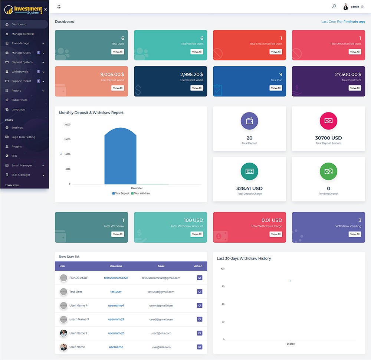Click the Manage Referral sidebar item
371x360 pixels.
[x=23, y=34]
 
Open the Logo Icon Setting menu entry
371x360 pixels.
[x=23, y=137]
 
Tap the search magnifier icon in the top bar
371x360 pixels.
[x=334, y=6]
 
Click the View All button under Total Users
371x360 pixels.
[x=118, y=52]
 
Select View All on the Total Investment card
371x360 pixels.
[x=355, y=88]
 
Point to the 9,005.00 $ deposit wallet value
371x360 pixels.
[x=112, y=75]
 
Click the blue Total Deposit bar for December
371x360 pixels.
[x=120, y=156]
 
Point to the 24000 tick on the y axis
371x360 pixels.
[x=67, y=140]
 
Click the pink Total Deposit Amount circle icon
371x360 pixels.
[x=328, y=121]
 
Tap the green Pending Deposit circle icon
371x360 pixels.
[x=328, y=171]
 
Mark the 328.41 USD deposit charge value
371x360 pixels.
[x=249, y=189]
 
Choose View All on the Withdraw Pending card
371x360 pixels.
[x=355, y=234]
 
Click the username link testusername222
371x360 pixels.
[x=116, y=278]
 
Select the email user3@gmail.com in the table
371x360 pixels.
[x=161, y=319]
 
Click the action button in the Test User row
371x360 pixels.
[x=200, y=291]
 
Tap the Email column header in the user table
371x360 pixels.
[x=161, y=266]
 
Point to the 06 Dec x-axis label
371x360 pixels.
[x=290, y=344]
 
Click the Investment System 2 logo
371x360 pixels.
[x=24, y=10]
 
